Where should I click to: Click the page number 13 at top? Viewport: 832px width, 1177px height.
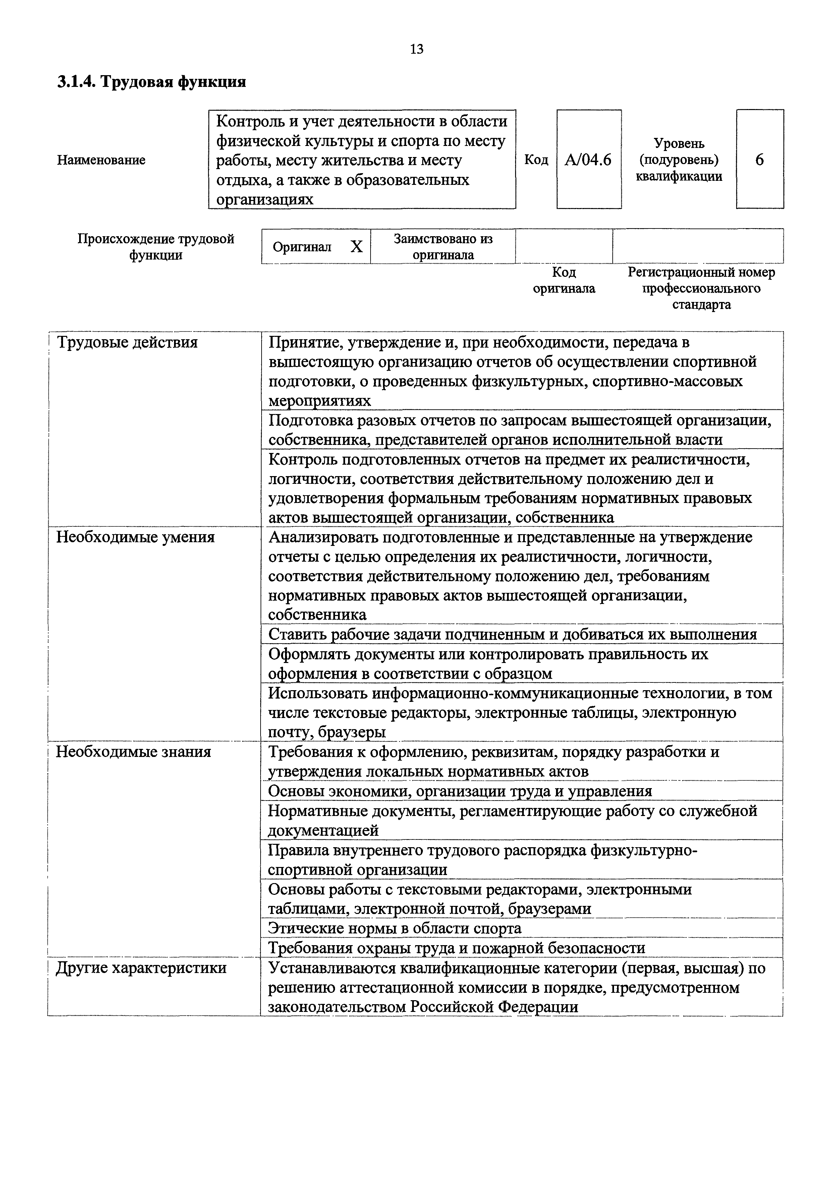(417, 49)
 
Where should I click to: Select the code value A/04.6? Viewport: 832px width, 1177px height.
(588, 160)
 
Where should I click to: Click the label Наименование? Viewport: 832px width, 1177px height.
(101, 160)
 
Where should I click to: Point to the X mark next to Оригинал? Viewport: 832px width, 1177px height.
(356, 247)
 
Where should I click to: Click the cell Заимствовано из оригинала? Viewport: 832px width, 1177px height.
(443, 247)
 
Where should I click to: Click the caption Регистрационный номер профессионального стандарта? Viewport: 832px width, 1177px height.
(701, 288)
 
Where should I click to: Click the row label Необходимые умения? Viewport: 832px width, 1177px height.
(135, 537)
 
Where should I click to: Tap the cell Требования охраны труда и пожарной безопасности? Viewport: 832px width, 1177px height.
(456, 948)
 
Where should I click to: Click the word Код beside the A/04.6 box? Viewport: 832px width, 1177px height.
(536, 160)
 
